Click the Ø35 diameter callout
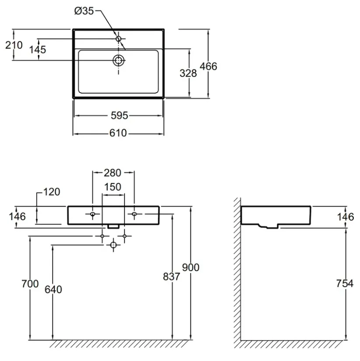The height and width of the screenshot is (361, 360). [x=84, y=11]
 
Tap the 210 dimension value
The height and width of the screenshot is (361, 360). [x=14, y=45]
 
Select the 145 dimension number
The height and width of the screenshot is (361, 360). [x=38, y=49]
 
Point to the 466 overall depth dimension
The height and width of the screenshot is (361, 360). [x=208, y=67]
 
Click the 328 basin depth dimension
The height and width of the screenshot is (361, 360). [x=188, y=73]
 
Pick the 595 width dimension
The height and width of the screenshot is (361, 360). [x=119, y=116]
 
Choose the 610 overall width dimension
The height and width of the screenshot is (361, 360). [x=118, y=133]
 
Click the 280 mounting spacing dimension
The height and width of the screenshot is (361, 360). [x=112, y=173]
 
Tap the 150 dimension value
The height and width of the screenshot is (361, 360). [x=113, y=187]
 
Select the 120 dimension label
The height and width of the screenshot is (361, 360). [x=52, y=192]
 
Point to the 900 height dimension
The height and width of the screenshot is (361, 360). [x=191, y=267]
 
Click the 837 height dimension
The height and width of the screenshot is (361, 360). [x=172, y=277]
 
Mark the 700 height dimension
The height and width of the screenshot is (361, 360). [x=30, y=284]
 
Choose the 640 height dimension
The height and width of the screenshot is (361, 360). [x=53, y=290]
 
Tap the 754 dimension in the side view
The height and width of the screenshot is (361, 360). [x=345, y=284]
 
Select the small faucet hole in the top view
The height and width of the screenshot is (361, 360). [x=118, y=39]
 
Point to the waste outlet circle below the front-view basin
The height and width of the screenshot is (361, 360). [x=113, y=245]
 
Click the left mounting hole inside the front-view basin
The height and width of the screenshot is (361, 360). [x=93, y=214]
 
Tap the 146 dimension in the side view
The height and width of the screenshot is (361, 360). [x=345, y=217]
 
